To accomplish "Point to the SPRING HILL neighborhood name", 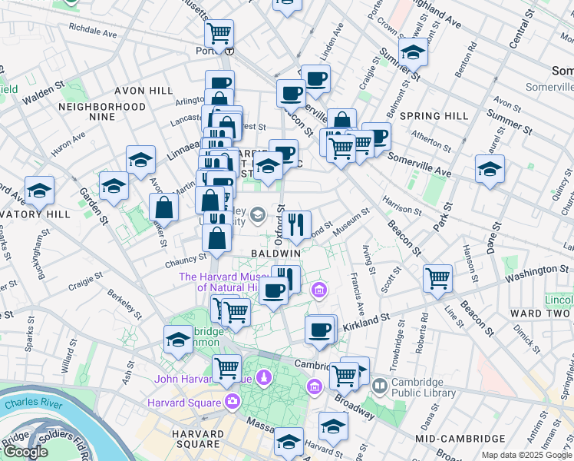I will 434,116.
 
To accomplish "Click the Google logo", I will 25,452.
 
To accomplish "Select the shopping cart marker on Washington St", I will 437,278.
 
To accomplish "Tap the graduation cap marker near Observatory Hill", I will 39,190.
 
